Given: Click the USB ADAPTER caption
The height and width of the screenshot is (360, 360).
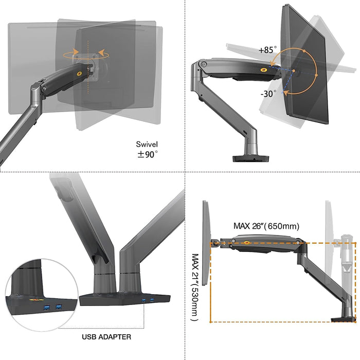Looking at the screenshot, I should pos(106,337).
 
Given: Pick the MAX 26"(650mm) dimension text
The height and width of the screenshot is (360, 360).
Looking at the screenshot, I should pos(266,226).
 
